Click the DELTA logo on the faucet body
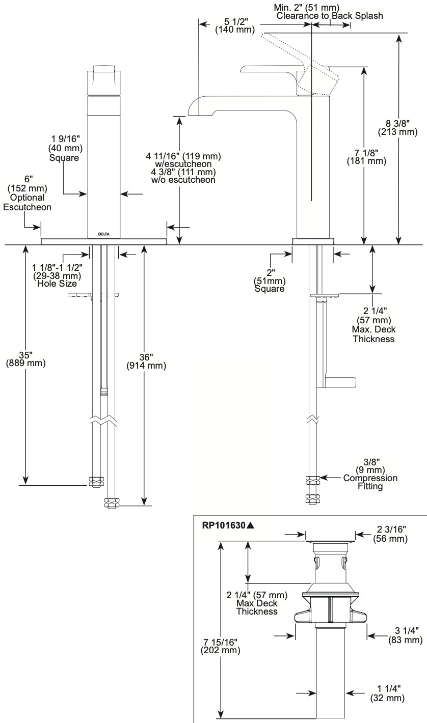[x=103, y=234]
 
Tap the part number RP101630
[x=224, y=525]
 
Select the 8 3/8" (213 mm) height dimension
[x=397, y=127]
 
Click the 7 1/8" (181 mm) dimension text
[x=366, y=157]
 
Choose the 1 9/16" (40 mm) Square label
[x=65, y=148]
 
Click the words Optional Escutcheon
[x=27, y=202]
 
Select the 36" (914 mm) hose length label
[x=146, y=361]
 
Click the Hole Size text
[x=57, y=284]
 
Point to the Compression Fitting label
[x=370, y=482]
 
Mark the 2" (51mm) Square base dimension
[x=270, y=281]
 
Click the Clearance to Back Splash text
[x=330, y=15]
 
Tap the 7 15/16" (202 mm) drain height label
[x=220, y=646]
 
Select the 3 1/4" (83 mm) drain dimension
[x=406, y=635]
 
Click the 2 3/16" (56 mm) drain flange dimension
[x=390, y=534]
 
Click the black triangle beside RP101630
[x=250, y=525]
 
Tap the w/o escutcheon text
[x=183, y=180]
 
